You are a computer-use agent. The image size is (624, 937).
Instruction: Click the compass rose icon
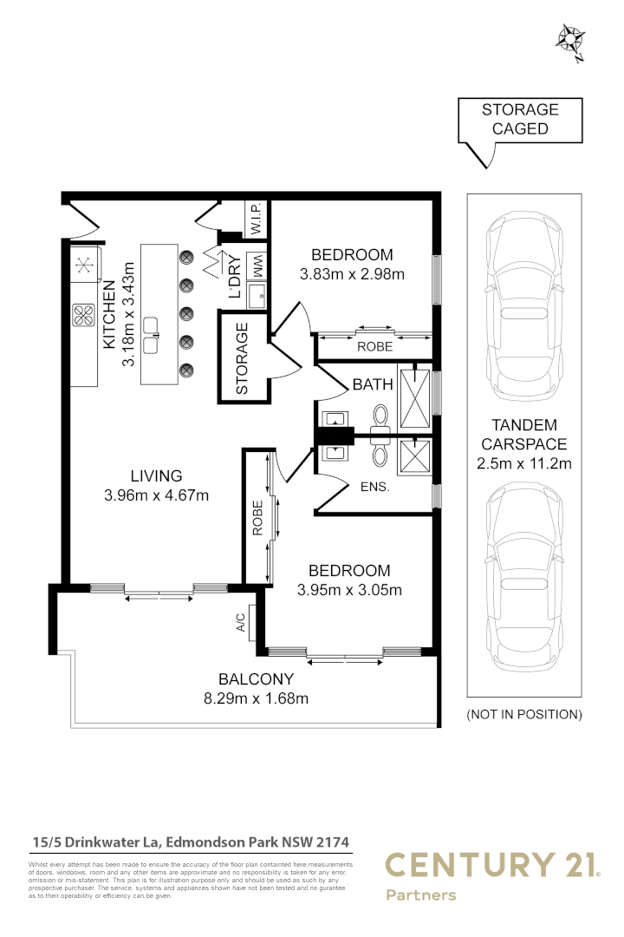[x=570, y=39]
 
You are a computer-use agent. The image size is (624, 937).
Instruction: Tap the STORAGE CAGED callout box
[x=520, y=120]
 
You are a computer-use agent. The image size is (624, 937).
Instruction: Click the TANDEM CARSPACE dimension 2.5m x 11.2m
[x=524, y=463]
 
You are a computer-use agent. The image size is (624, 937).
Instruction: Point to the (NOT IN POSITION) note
[x=524, y=715]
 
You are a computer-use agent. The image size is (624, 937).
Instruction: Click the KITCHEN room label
[x=110, y=314]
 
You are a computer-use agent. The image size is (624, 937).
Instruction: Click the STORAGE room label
[x=242, y=358]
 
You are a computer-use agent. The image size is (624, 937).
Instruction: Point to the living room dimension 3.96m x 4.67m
[x=156, y=495]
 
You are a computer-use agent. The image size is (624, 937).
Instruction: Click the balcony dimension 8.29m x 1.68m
[x=256, y=698]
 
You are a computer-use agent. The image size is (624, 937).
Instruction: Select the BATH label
[x=372, y=384]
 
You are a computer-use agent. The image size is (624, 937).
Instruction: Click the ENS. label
[x=375, y=488]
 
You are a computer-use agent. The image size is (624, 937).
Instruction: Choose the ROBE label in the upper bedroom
[x=374, y=346]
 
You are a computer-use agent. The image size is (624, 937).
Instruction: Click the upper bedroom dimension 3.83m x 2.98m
[x=352, y=274]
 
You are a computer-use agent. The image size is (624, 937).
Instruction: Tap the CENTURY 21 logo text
[x=491, y=865]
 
